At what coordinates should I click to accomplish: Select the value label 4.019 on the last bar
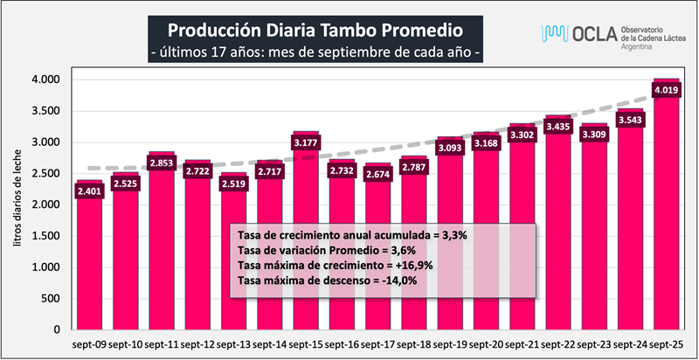[x=667, y=89]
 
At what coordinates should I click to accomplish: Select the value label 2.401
[x=89, y=190]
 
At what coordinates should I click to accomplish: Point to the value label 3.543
[x=631, y=120]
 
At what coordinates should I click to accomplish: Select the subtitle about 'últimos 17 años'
[x=315, y=52]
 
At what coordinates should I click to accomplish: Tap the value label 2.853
[x=162, y=163]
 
